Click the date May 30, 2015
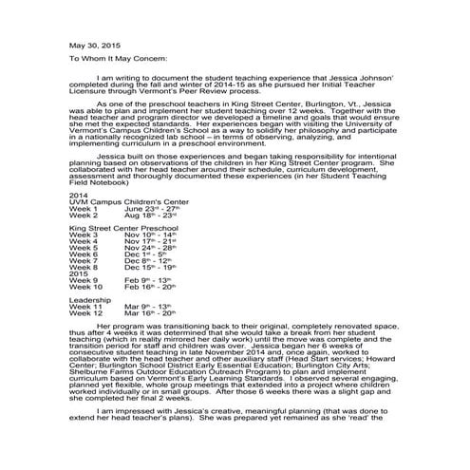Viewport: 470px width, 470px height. coord(94,45)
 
